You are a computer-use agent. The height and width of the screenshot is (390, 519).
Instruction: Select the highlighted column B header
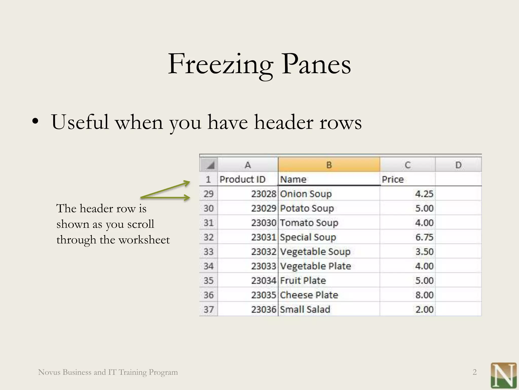[x=329, y=165]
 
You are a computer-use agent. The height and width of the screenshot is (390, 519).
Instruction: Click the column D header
[x=458, y=165]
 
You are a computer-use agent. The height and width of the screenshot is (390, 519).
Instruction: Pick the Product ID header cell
[x=242, y=179]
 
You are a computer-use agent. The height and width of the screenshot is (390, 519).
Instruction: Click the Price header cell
[x=393, y=179]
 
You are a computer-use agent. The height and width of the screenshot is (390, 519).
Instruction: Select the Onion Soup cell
[x=306, y=194]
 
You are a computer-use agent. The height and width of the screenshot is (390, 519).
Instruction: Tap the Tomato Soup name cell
[x=309, y=223]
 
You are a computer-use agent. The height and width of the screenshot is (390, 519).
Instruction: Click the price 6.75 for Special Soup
[x=424, y=237]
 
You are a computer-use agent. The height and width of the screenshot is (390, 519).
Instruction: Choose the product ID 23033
[x=263, y=266]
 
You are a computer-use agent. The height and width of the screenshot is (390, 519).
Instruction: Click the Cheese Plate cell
[x=309, y=295]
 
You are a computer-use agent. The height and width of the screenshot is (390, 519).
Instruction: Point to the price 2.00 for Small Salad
[x=424, y=310]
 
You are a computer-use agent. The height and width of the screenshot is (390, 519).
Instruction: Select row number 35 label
[x=209, y=281]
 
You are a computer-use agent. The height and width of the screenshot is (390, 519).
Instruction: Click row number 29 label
[x=209, y=194]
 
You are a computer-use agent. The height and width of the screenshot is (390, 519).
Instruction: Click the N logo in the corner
[x=503, y=376]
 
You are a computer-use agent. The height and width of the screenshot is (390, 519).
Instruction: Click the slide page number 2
[x=474, y=372]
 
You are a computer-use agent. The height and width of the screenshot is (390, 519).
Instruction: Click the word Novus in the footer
[x=49, y=372]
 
